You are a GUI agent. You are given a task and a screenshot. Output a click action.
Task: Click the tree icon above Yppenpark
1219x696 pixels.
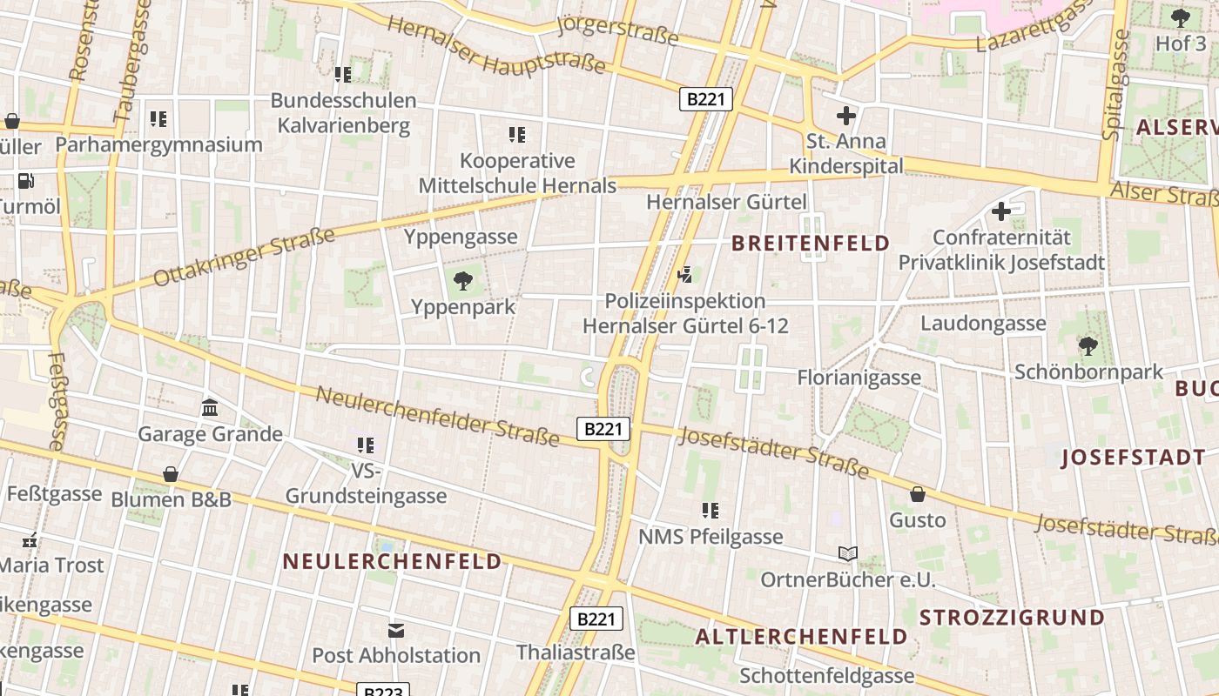[x=463, y=280]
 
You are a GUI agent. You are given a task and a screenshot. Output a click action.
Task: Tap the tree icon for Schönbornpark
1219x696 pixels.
[x=1088, y=346]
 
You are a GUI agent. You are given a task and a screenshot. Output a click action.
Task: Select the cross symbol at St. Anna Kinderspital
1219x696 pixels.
[x=845, y=115]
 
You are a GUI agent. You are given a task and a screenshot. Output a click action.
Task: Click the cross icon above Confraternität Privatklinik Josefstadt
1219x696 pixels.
[x=1001, y=211]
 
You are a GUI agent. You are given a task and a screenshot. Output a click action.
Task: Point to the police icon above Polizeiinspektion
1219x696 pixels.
[x=686, y=275]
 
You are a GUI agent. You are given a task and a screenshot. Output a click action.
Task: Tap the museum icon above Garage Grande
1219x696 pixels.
[x=210, y=407]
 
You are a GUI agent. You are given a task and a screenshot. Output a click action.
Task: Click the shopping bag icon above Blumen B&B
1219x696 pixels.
[x=171, y=474]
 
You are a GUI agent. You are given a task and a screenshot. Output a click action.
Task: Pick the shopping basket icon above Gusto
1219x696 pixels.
[x=917, y=494]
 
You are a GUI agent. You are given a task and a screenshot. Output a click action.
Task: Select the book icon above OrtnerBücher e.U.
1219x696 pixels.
[x=847, y=553]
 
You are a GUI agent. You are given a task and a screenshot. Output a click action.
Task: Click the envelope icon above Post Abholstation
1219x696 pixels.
[x=396, y=629]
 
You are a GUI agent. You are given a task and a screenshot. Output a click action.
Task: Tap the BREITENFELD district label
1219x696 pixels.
[x=811, y=243]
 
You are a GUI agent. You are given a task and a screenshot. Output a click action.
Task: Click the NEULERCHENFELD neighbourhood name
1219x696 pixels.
[x=393, y=561]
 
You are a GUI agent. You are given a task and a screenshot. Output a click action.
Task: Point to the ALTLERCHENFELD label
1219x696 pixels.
[x=801, y=636]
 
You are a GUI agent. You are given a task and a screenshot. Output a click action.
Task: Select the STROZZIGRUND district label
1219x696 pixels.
[x=1012, y=618]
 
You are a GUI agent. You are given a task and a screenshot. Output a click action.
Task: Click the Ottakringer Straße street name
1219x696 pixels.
[x=245, y=257]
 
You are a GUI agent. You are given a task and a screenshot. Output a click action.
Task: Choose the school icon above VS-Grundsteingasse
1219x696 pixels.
[x=366, y=445]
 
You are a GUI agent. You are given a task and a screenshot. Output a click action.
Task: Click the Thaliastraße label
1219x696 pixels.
[x=576, y=652]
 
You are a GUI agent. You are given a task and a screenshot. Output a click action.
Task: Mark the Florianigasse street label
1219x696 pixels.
[x=859, y=378]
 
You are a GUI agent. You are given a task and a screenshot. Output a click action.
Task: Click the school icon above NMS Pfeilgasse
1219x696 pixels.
[x=711, y=511]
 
